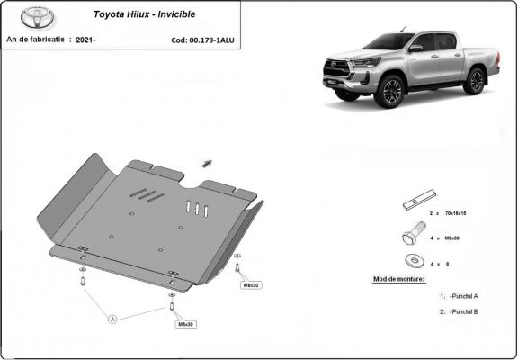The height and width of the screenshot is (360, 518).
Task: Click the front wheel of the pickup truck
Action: tap(391, 91)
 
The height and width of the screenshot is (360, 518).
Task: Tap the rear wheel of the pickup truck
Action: tap(476, 81)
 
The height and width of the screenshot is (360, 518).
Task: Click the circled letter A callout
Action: tap(113, 318)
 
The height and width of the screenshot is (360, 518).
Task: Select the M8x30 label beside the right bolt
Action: tap(251, 285)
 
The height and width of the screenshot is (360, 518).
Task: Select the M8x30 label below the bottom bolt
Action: tap(185, 324)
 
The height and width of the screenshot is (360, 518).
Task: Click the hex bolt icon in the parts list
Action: tap(411, 238)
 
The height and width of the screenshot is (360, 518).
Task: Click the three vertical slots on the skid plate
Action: tap(197, 208)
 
